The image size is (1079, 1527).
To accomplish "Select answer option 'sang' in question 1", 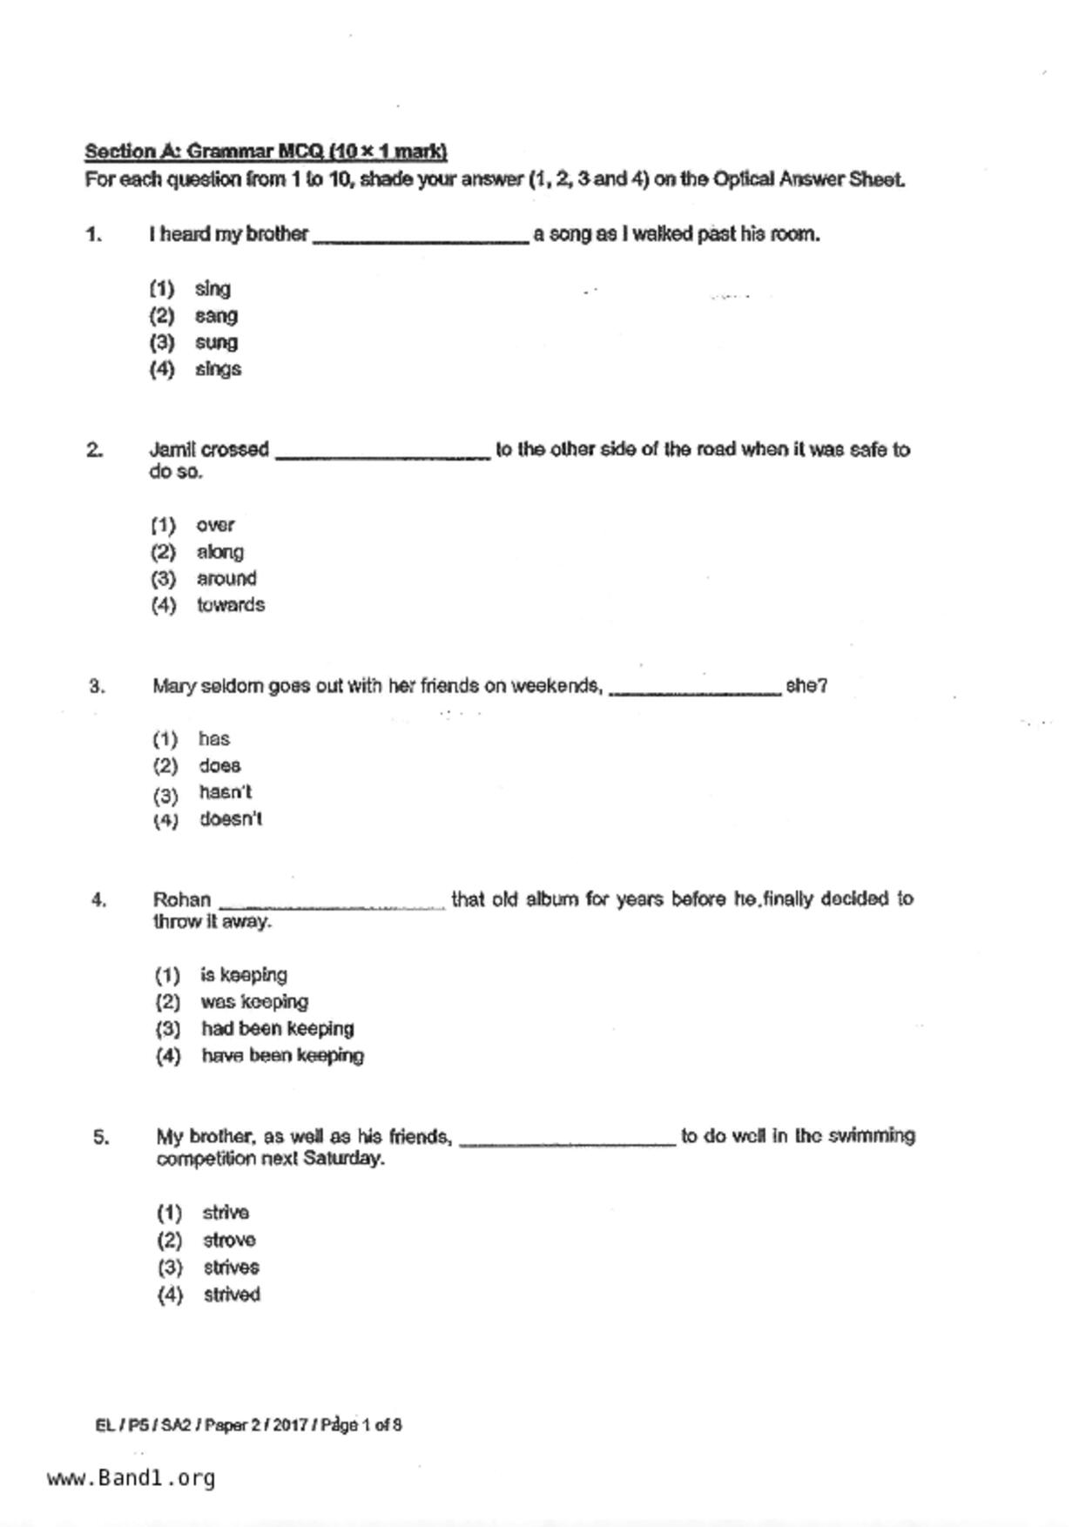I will (x=216, y=315).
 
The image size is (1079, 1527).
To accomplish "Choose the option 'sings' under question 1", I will (x=218, y=369).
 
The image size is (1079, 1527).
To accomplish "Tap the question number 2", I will (x=94, y=450).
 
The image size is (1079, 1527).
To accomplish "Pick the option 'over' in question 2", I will (x=215, y=525).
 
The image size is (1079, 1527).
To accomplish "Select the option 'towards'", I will (x=231, y=605).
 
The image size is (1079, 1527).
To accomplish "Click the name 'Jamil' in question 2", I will (x=172, y=450).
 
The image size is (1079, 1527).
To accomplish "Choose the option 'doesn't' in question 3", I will (x=231, y=819).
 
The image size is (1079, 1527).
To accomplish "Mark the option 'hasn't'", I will (x=226, y=792).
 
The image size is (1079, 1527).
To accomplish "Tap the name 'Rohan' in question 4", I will (x=182, y=899).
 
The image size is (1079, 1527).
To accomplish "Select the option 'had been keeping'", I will (x=278, y=1028).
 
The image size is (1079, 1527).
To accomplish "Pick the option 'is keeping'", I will (x=244, y=975).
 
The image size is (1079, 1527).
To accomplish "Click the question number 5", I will (x=101, y=1137).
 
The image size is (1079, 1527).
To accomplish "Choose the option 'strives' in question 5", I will (x=232, y=1267).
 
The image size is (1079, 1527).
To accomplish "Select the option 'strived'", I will (x=232, y=1295).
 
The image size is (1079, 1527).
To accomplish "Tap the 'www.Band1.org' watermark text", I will (x=132, y=1478).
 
